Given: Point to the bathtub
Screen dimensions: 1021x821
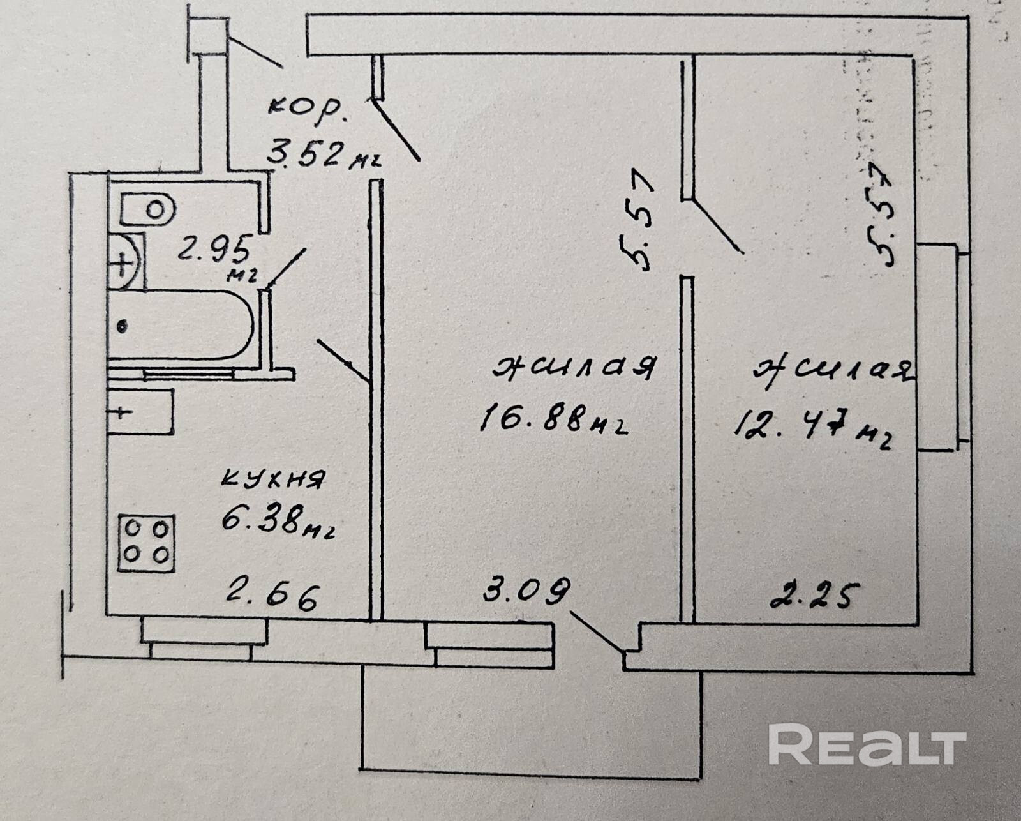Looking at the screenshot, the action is point(182,325).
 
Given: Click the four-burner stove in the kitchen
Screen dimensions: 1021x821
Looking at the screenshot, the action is point(146,543).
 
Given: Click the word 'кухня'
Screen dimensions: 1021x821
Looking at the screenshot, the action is point(273,479).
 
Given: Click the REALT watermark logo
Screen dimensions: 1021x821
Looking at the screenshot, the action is point(867,744).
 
